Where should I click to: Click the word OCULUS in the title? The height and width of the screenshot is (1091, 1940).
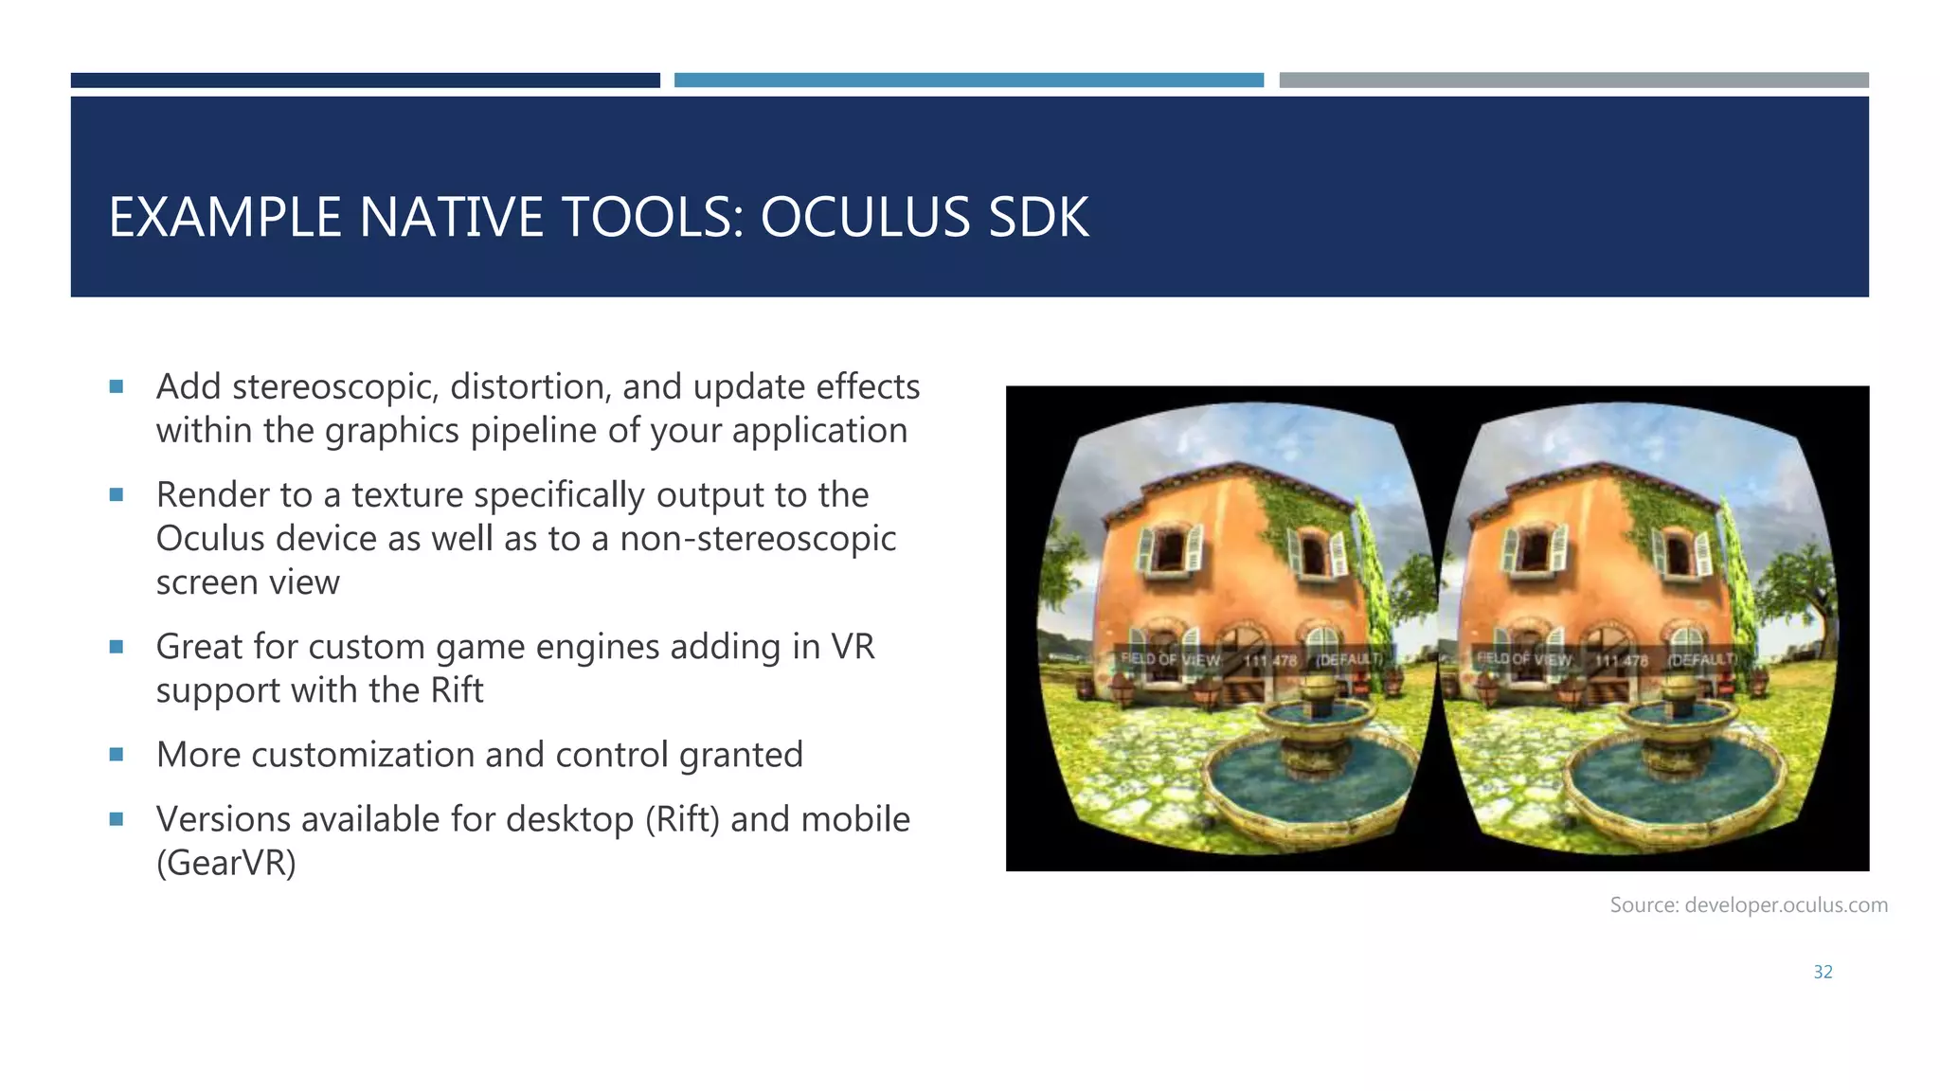(x=865, y=218)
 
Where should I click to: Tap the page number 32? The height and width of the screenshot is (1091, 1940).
(x=1823, y=972)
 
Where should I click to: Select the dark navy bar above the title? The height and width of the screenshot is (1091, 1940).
(x=365, y=80)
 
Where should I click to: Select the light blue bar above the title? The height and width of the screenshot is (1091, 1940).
(x=968, y=80)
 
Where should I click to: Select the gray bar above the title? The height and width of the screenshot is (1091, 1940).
(x=1573, y=80)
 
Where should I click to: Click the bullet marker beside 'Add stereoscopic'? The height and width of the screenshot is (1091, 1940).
(x=117, y=386)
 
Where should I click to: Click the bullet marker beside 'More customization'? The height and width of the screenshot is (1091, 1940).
(x=117, y=755)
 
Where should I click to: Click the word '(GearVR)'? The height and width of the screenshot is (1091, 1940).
(x=226, y=863)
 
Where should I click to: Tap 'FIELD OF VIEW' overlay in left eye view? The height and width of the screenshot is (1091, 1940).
(x=1170, y=658)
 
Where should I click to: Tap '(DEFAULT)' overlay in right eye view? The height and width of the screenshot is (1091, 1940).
(x=1702, y=659)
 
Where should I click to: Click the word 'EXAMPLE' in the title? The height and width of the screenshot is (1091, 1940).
(x=225, y=218)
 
